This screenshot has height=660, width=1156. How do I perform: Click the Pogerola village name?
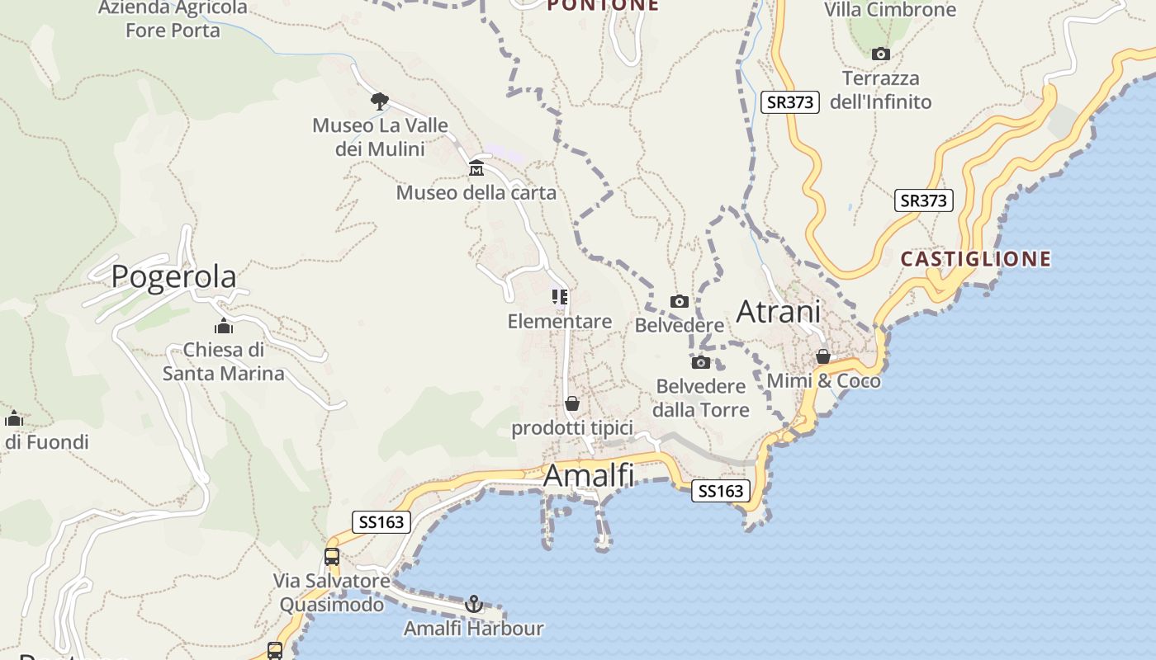[x=173, y=276]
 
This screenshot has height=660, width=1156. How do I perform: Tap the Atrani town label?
[x=778, y=312]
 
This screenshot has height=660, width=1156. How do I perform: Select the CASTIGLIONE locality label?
[x=975, y=259]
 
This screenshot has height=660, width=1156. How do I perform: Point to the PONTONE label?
[x=603, y=5]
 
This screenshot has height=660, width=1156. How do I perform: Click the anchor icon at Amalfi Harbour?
[x=474, y=604]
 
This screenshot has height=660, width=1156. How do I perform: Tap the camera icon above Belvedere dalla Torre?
[x=700, y=362]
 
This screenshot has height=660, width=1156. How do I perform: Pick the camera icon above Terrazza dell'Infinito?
[x=881, y=54]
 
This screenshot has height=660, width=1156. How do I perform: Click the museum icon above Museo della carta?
[x=476, y=169]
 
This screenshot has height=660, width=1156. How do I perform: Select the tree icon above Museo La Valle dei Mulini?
[x=380, y=101]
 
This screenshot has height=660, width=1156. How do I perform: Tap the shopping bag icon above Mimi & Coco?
[x=823, y=356]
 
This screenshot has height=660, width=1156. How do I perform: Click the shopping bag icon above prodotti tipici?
[x=572, y=403]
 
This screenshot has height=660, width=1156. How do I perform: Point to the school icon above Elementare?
[x=560, y=297]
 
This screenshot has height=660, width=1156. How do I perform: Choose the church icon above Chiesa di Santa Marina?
[x=223, y=326]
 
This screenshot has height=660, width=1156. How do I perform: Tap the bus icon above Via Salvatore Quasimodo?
[x=332, y=557]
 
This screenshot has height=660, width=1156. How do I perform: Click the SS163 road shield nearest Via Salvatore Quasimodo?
[x=382, y=522]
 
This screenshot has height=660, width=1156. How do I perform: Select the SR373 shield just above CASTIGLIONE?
[x=923, y=200]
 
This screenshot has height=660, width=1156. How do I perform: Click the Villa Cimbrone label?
[x=890, y=10]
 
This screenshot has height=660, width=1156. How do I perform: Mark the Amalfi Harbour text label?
[x=473, y=629]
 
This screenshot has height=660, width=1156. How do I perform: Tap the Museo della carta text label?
[x=476, y=193]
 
